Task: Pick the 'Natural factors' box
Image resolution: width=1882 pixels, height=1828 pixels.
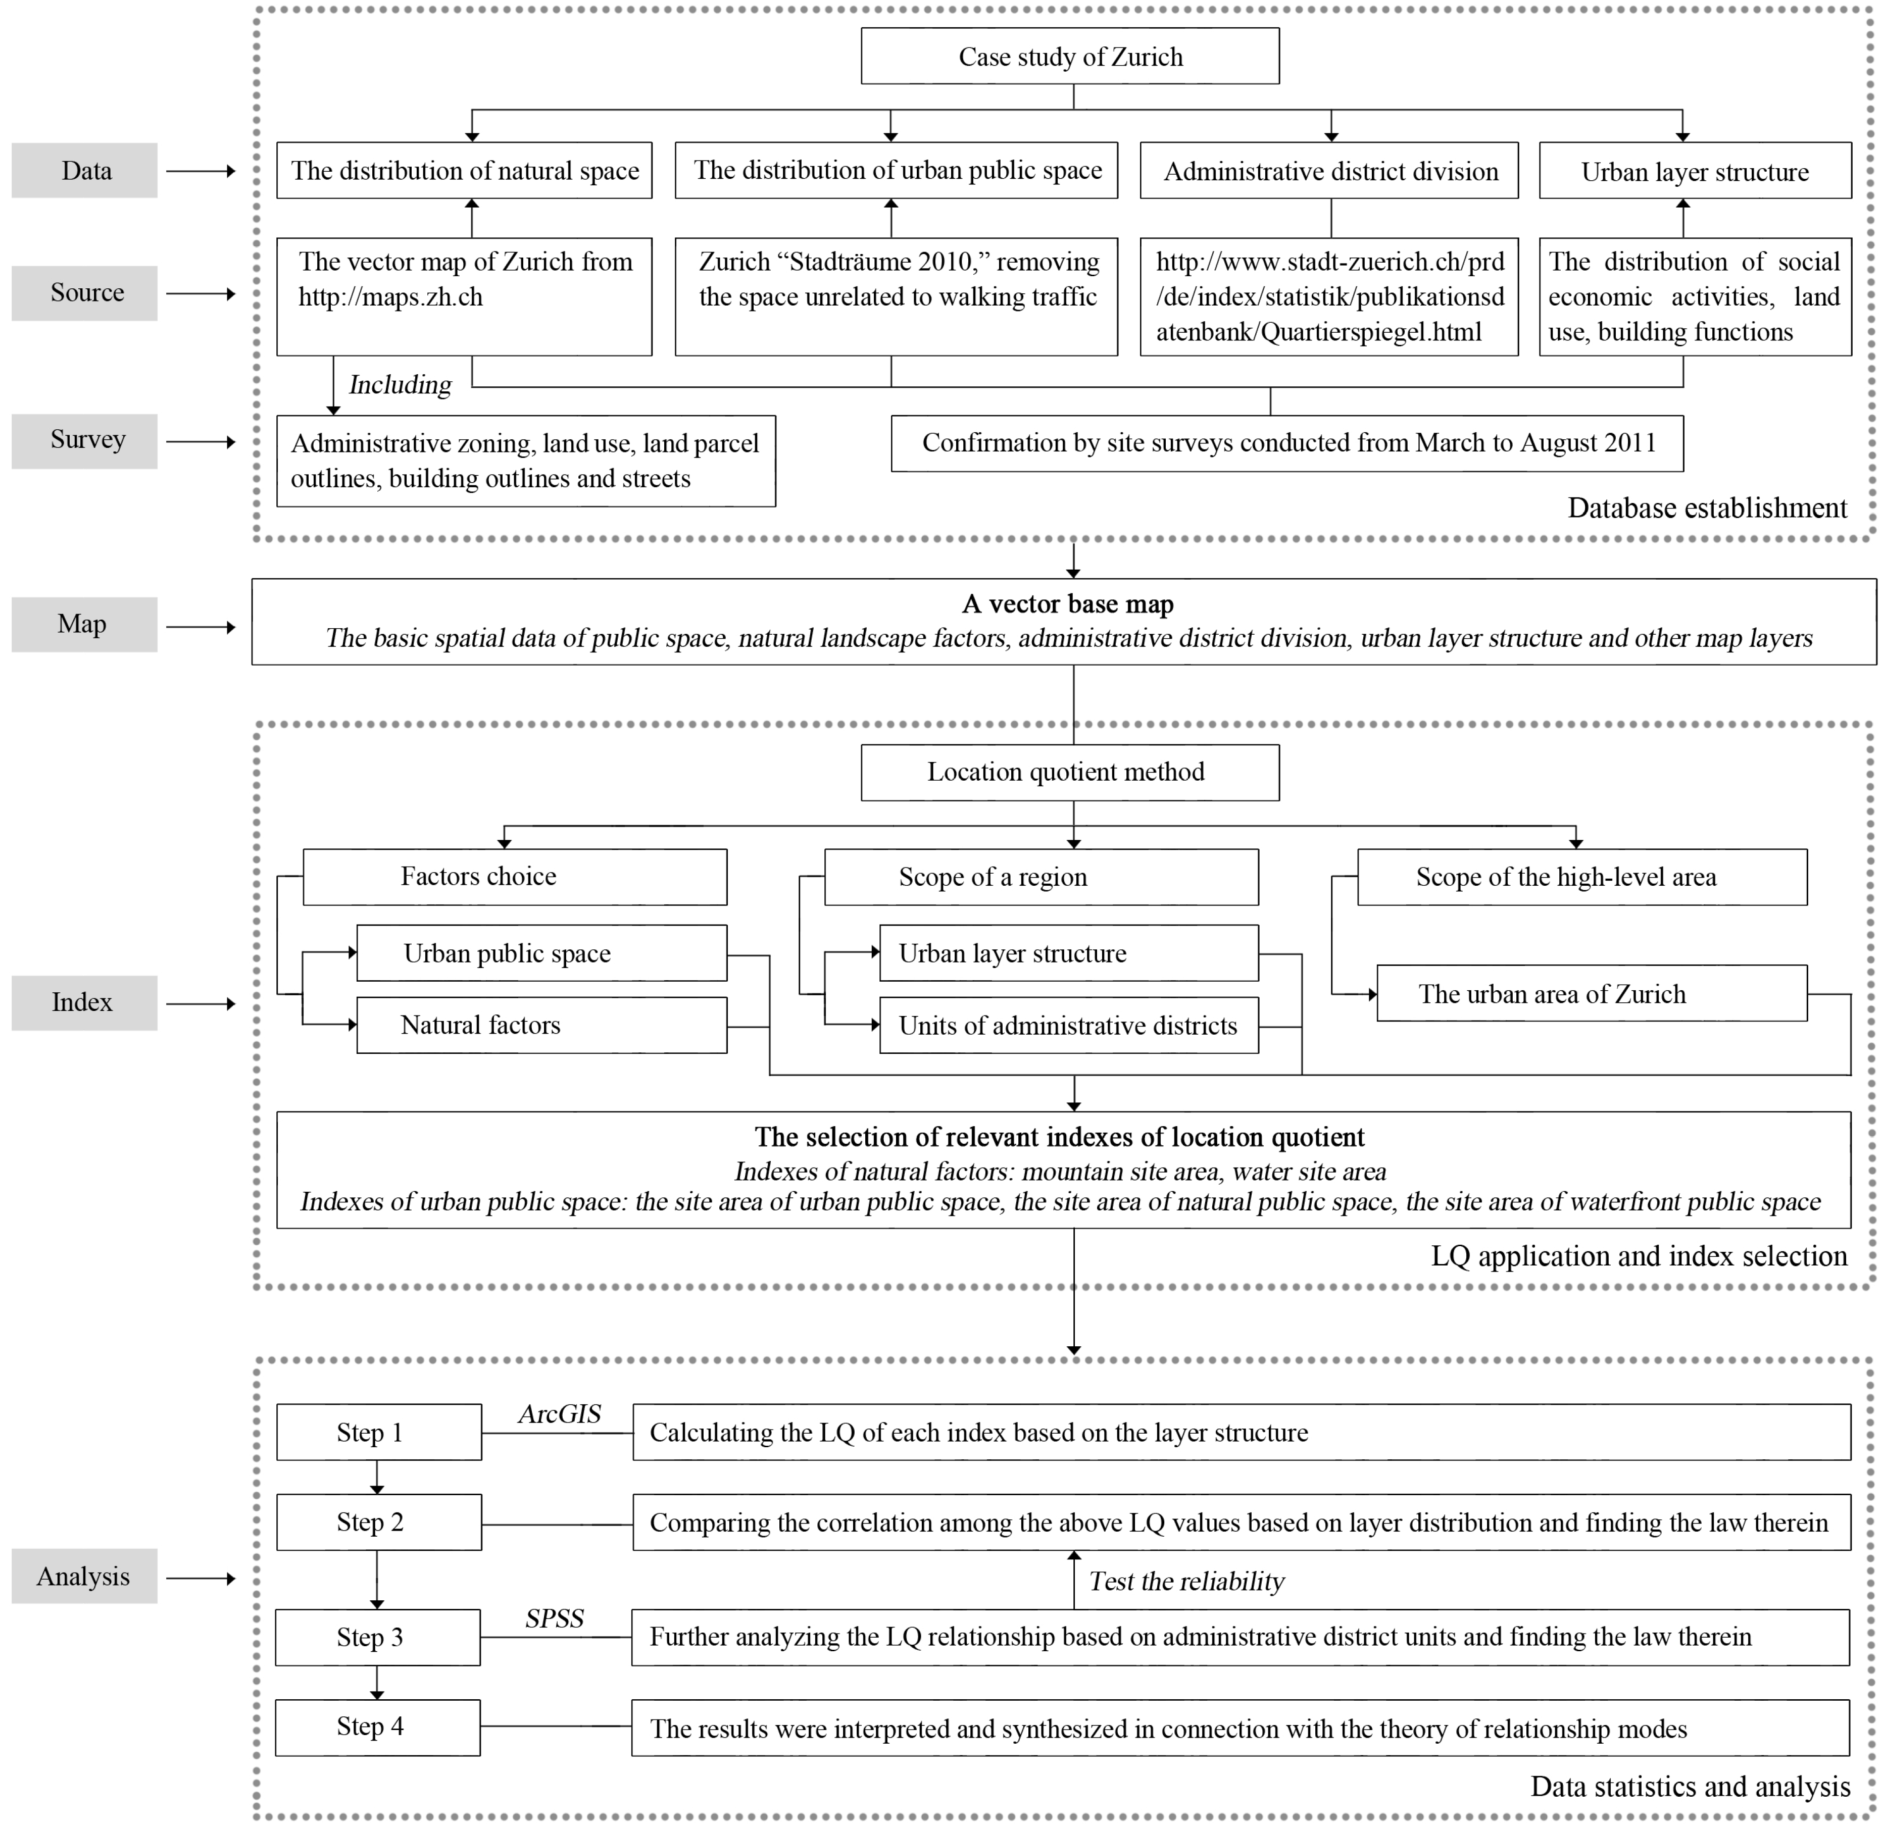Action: tap(541, 1026)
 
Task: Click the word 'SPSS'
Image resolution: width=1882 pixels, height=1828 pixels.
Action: tap(555, 1619)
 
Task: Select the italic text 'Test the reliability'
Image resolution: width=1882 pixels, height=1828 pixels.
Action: tap(1187, 1581)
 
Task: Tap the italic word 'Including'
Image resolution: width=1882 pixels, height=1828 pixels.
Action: tap(400, 385)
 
